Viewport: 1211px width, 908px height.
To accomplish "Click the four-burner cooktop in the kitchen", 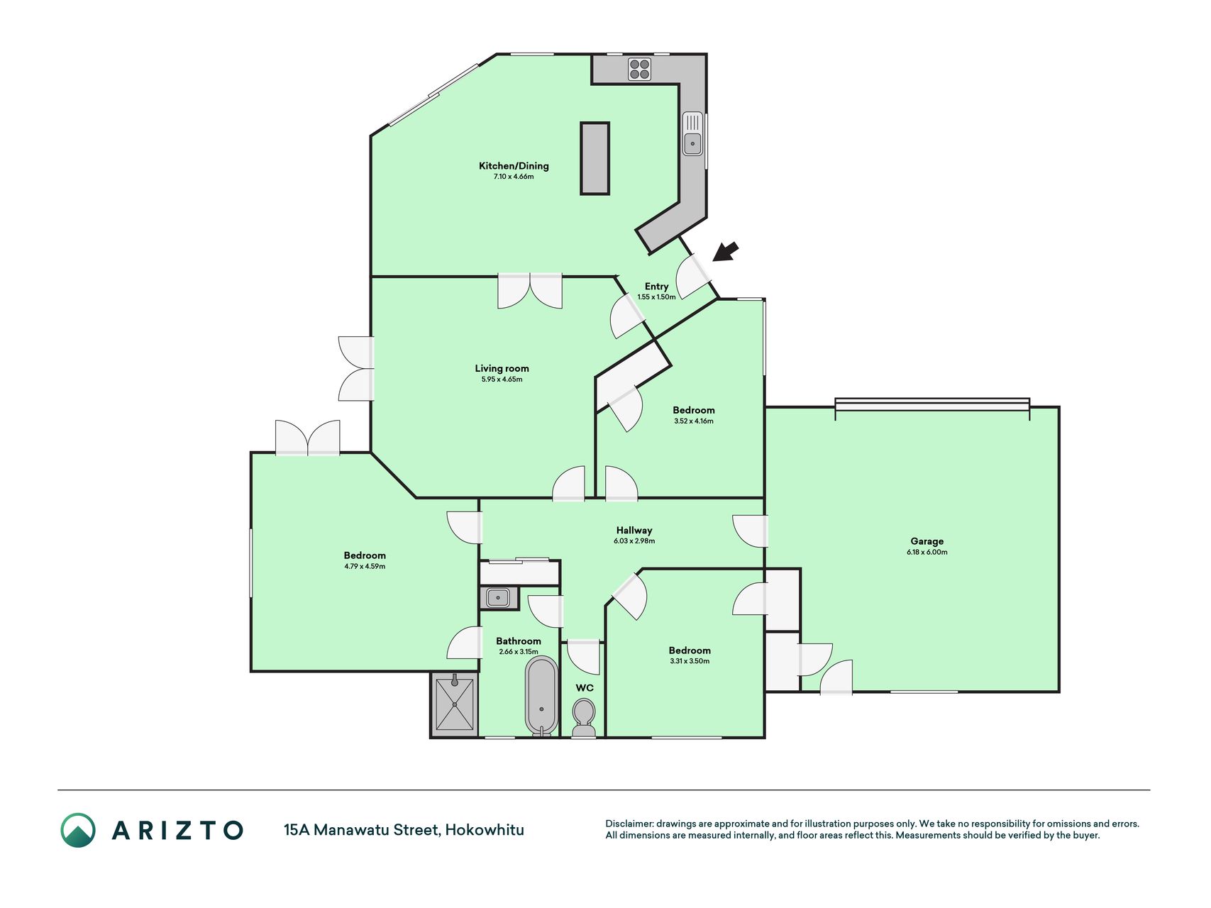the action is point(639,69).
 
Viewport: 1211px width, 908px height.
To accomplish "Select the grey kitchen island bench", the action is point(595,158).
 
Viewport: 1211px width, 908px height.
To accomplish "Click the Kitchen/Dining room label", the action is point(514,166).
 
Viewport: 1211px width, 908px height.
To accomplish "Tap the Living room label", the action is point(502,368).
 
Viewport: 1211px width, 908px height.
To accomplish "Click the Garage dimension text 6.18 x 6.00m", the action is point(927,552).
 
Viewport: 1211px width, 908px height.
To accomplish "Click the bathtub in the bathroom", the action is point(542,696).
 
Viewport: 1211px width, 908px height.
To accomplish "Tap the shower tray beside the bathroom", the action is point(454,704).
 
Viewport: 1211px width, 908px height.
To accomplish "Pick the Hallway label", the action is point(634,530).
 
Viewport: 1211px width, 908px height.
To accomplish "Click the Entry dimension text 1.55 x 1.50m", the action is point(656,297).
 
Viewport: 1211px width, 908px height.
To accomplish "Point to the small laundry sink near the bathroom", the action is point(499,597).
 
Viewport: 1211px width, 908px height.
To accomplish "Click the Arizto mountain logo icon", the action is point(78,830).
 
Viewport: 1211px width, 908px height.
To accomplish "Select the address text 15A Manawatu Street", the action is point(362,830).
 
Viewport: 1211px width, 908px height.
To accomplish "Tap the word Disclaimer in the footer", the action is point(629,824).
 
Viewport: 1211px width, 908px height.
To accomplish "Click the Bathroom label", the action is point(519,641).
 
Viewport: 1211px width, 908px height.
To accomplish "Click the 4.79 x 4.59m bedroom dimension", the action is point(365,567).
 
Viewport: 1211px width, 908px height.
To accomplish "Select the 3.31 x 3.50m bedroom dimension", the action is point(690,661).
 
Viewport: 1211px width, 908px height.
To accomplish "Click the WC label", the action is point(585,687).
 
